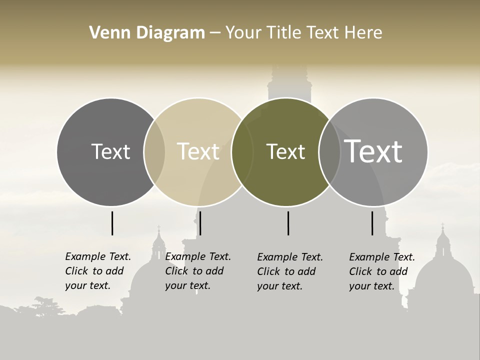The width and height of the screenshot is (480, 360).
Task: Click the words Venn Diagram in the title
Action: pos(147,33)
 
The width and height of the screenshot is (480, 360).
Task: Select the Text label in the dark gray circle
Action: pos(110,151)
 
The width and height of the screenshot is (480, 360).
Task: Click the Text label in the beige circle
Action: pos(198,151)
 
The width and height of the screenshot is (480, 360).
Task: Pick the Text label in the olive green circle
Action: pos(285,151)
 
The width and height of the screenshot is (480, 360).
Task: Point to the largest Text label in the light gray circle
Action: pos(373,151)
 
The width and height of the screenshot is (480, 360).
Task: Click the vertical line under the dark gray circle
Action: pos(112,223)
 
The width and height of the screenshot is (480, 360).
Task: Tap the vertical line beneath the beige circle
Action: pos(200,223)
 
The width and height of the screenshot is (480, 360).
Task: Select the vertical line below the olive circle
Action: pos(288,223)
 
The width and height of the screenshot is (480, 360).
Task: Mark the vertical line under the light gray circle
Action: pos(372,223)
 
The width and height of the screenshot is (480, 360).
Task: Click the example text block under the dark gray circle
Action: pos(98,271)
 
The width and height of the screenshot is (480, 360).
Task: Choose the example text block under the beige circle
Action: pos(198,271)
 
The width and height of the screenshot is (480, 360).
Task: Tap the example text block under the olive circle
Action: pos(290,271)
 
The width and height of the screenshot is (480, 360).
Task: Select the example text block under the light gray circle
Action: pos(382,271)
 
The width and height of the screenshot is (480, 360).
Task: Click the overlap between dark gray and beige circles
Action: pos(154,151)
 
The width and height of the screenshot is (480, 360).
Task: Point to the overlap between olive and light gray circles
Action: pos(329,151)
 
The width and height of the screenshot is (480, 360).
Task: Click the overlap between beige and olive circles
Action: pos(242,151)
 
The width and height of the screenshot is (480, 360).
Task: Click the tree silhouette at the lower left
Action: pos(47,305)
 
